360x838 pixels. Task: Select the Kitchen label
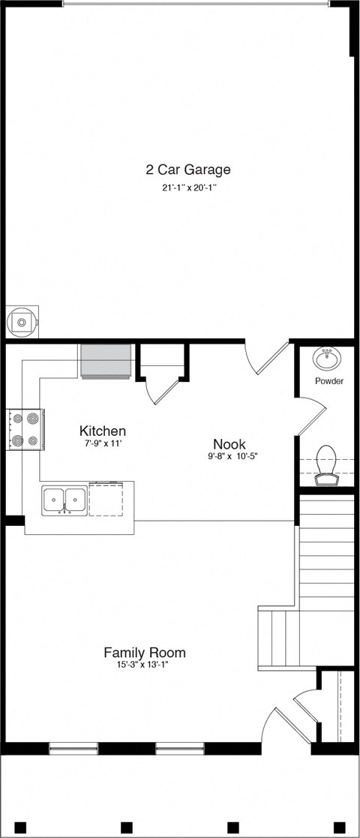click(103, 431)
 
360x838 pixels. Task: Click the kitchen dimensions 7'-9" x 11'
click(102, 444)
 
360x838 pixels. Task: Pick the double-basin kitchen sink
click(64, 500)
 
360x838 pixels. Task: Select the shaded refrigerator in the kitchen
click(106, 361)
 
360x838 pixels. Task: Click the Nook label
click(229, 444)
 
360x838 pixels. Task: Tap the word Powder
click(329, 381)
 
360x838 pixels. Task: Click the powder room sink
click(327, 359)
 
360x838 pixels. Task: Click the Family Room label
click(145, 653)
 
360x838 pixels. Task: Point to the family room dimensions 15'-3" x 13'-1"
click(143, 665)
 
